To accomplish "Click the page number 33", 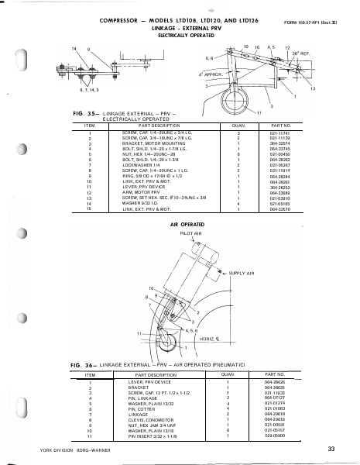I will pos(330,448).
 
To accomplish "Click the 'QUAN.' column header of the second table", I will pos(228,374).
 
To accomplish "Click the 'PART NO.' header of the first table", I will pos(280,124).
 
